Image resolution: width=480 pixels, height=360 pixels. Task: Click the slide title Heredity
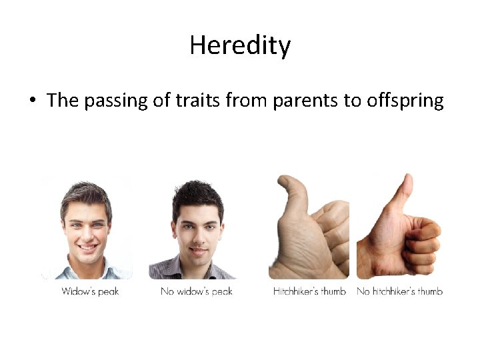[x=240, y=46]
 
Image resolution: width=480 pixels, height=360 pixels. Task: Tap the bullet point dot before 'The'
[x=31, y=101]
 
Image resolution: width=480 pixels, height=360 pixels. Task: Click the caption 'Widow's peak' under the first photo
[x=90, y=291]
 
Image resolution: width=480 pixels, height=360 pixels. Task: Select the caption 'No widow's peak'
[x=197, y=291]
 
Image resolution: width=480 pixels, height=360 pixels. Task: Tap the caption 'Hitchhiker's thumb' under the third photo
[x=309, y=291]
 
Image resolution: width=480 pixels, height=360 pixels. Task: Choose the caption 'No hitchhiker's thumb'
[x=399, y=291]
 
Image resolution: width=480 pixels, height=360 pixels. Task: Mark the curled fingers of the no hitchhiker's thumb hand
[x=423, y=243]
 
